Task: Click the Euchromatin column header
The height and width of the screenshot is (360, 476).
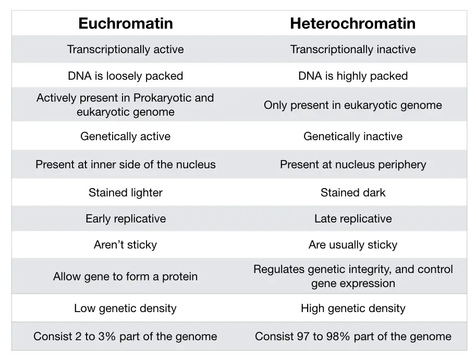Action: tap(125, 23)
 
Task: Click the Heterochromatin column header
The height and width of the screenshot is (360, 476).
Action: tap(353, 23)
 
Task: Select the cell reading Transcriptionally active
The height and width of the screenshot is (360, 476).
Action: tap(125, 49)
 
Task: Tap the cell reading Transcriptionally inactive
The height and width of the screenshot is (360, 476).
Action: tap(353, 49)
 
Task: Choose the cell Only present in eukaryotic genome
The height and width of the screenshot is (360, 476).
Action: tap(353, 105)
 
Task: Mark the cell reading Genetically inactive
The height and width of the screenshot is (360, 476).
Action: tap(353, 136)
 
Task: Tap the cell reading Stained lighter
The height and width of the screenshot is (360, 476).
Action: tap(125, 193)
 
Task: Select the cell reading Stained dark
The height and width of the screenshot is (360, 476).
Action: tap(353, 193)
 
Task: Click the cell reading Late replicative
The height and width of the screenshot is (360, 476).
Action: tap(353, 219)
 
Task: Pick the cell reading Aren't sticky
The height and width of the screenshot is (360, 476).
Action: tap(125, 245)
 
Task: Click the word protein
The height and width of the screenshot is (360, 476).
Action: tap(180, 277)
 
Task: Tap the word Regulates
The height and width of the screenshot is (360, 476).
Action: tap(279, 269)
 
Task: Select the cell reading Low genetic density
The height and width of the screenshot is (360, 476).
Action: tap(125, 308)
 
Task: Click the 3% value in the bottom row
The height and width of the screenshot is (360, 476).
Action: tap(107, 337)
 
